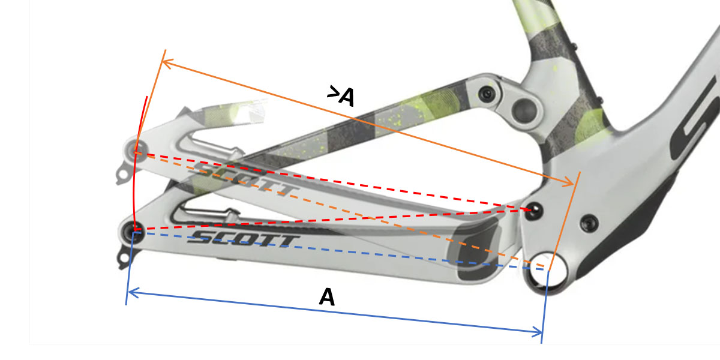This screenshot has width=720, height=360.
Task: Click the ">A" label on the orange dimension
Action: pos(341,96)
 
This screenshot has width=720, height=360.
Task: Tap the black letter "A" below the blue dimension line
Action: pos(327,296)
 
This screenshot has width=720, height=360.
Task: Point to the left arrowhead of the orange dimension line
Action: pos(167,62)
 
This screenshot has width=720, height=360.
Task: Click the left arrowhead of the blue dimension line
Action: pos(133,293)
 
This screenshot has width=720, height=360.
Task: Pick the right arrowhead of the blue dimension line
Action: pos(538,332)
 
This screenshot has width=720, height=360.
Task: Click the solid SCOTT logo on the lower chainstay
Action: pos(244,239)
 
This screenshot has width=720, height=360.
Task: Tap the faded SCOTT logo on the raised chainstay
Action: pos(245,178)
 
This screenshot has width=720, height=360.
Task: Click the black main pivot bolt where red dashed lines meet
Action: pos(533,211)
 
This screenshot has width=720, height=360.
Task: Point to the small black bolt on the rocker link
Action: pos(488,94)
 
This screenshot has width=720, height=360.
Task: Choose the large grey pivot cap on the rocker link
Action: pos(524,110)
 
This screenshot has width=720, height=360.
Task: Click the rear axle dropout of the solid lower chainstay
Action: pos(132,232)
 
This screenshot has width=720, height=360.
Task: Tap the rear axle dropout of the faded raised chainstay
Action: pos(136,150)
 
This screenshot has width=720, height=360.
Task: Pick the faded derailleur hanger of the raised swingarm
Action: pos(123,173)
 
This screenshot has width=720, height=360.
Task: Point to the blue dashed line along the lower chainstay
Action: pos(341,251)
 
